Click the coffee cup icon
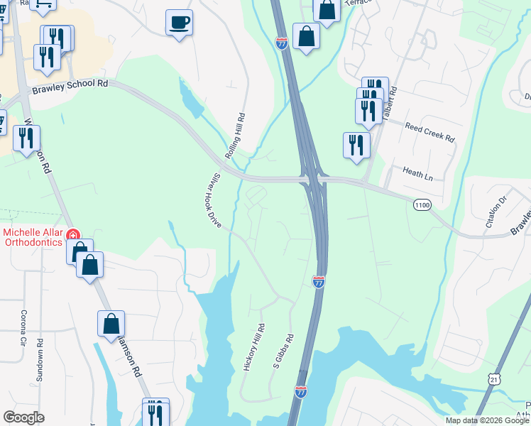179,21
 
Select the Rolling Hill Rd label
234,136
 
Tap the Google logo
23,417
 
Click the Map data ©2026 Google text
486,420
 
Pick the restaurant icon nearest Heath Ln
356,144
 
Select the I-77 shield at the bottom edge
301,391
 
